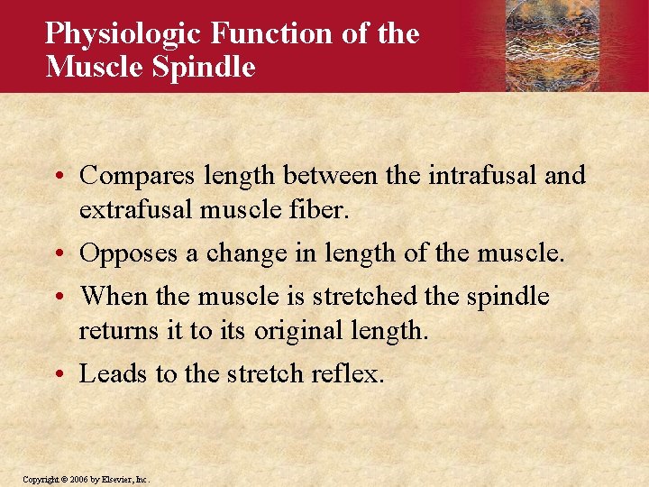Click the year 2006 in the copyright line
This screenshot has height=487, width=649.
75,479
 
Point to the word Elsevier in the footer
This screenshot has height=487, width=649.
115,479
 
